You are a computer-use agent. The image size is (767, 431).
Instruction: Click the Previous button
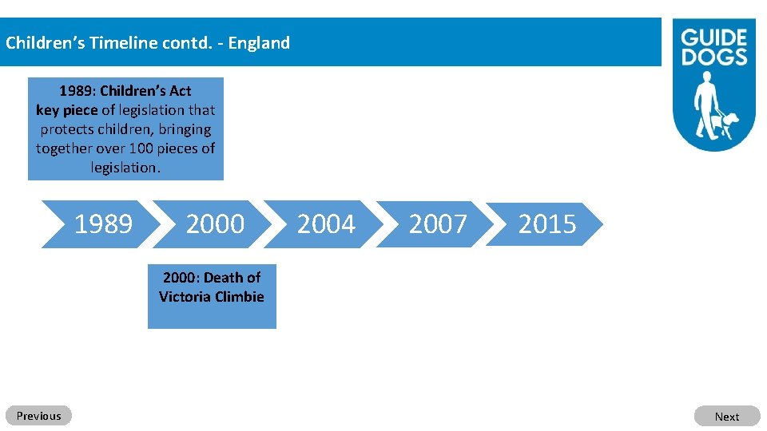tap(38, 416)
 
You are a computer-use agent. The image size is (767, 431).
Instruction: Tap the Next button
tap(726, 417)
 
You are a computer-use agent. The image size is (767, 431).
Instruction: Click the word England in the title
tap(259, 43)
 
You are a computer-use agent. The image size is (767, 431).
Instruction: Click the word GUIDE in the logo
tap(713, 38)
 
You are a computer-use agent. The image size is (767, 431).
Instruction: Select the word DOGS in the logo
tap(713, 57)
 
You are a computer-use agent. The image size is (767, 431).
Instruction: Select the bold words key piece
tap(66, 110)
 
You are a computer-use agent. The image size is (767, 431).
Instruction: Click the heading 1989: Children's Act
tap(125, 91)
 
